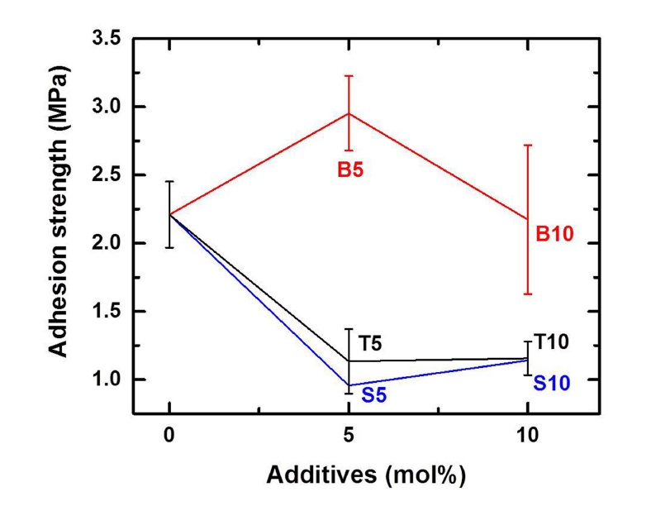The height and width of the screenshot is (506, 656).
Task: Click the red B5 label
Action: pos(350,171)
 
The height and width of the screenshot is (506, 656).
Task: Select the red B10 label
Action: pos(554,235)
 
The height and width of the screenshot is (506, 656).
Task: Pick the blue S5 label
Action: pos(373,395)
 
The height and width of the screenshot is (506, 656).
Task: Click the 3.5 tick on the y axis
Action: pos(107,39)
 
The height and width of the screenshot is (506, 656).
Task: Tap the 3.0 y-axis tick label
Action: pos(107,107)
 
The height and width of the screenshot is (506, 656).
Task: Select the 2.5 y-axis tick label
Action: pos(107,175)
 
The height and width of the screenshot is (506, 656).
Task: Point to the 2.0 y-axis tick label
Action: pos(107,243)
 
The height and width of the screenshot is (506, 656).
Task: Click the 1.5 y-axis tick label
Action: pos(107,312)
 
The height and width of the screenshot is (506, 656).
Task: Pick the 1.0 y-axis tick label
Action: pos(107,379)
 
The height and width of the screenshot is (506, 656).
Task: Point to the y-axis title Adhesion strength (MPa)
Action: pos(59,225)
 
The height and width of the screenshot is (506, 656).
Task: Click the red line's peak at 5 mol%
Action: pos(349,113)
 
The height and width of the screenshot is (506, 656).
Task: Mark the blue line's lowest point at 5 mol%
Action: pos(349,385)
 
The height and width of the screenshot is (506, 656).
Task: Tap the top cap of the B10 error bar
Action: pos(527,146)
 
